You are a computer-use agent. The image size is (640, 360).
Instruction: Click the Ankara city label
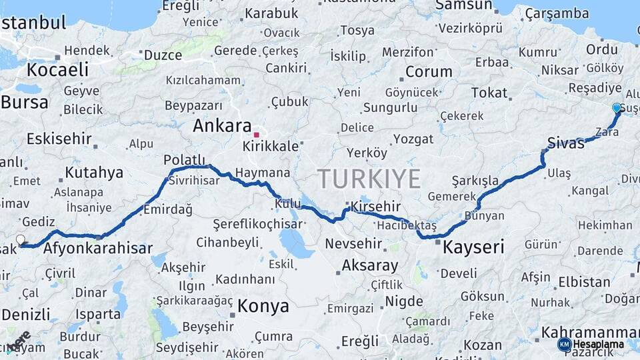222,125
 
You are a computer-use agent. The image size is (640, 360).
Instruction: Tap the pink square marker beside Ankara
256,135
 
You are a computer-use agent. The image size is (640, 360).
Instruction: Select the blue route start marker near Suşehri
617,107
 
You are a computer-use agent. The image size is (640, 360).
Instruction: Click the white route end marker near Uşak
21,239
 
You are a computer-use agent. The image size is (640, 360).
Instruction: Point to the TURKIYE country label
369,179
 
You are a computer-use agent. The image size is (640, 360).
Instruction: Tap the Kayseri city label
473,247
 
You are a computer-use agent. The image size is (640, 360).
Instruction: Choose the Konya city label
263,306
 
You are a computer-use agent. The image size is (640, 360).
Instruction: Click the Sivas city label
566,142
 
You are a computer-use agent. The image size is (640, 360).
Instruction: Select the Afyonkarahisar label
98,249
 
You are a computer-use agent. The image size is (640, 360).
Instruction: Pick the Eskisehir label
59,139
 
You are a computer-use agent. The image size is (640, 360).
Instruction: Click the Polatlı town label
185,160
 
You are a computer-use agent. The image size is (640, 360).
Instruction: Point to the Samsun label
463,5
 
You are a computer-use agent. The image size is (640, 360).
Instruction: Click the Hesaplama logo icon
565,344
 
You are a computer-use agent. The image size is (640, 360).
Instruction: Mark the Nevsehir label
353,243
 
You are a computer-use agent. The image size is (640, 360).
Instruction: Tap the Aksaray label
370,265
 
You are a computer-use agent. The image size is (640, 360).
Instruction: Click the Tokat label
489,93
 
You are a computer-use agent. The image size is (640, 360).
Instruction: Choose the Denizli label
25,314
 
